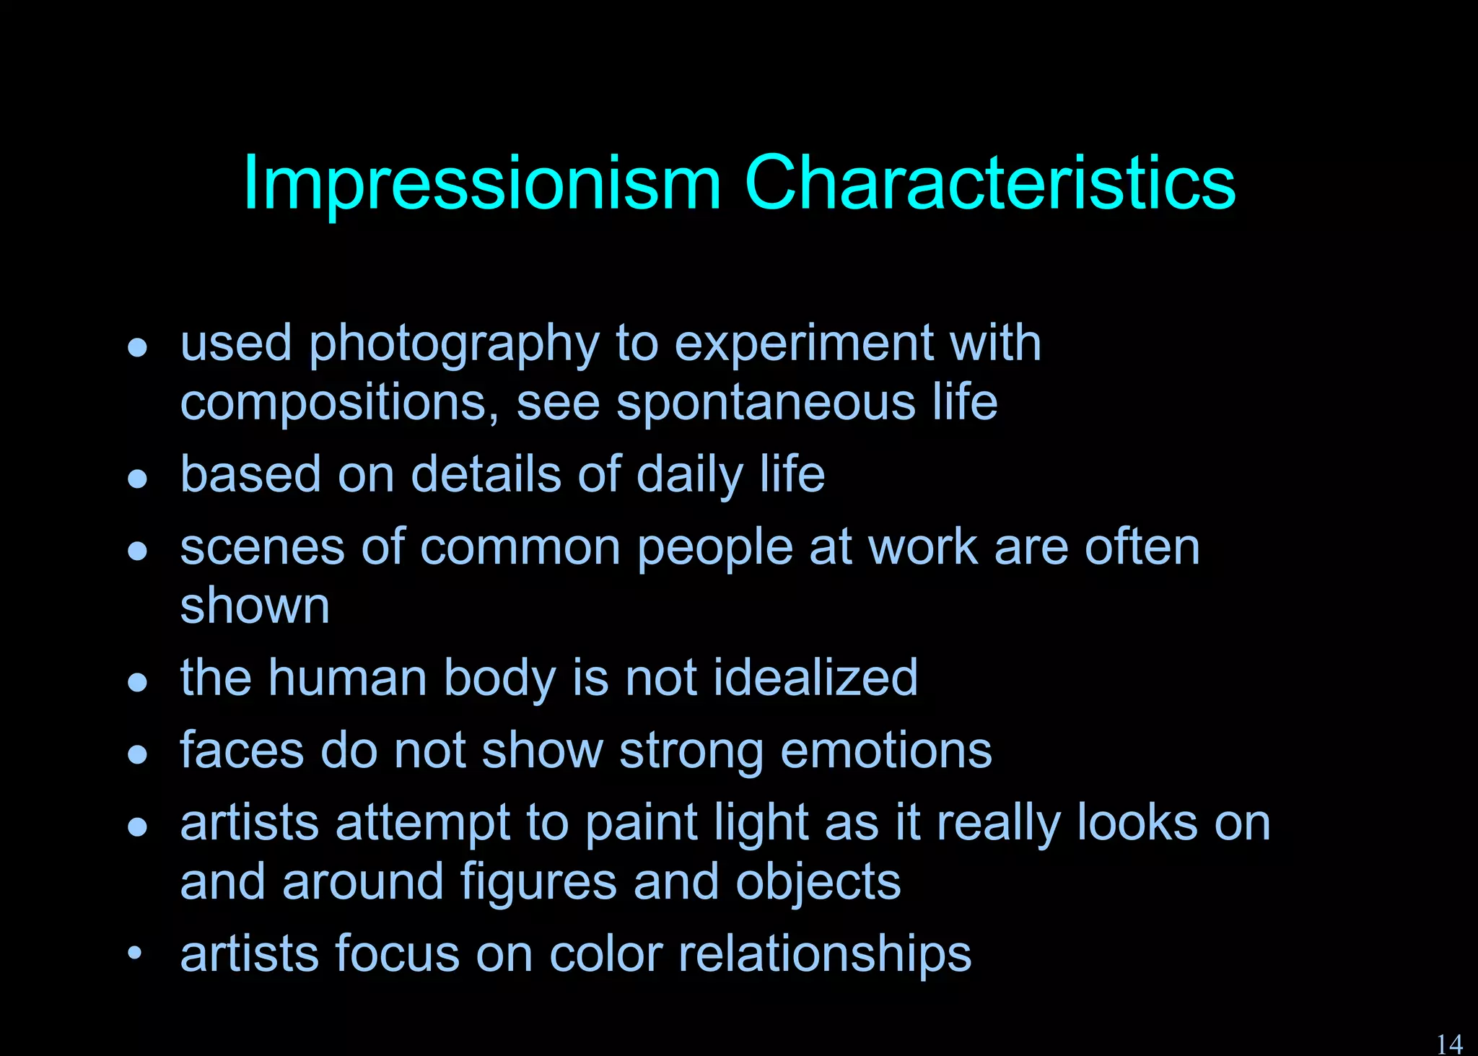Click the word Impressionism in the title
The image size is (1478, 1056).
coord(481,184)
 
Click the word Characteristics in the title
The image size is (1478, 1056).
coord(989,184)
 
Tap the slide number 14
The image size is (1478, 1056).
coord(1449,1044)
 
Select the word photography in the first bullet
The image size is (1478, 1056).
coord(454,345)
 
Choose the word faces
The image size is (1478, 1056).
coord(242,751)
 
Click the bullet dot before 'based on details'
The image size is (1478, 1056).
coord(137,479)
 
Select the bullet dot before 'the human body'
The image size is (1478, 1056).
coord(137,682)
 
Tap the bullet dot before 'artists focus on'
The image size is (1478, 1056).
coord(135,953)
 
